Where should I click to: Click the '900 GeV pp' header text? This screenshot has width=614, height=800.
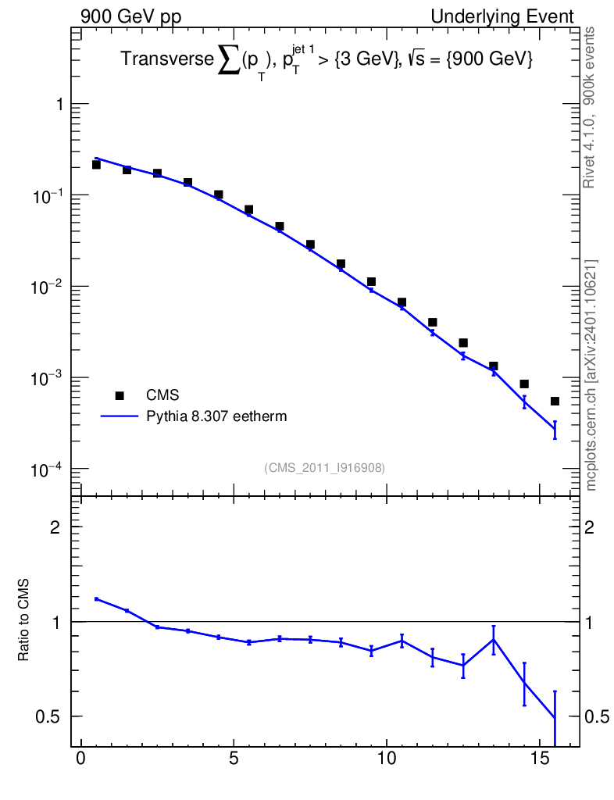pos(130,17)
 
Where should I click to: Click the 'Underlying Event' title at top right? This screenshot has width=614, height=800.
pos(502,16)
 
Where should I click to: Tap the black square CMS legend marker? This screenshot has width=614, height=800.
pos(120,395)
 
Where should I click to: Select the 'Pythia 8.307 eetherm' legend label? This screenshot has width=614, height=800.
pos(216,416)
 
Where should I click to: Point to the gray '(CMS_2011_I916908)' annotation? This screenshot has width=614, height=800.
pos(324,468)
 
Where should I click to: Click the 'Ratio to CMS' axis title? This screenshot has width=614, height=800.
pos(23,620)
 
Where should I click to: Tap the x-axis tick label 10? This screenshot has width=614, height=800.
pos(387,758)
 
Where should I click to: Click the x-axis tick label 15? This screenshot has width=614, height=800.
pos(540,758)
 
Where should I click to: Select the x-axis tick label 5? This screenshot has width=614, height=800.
pos(234,758)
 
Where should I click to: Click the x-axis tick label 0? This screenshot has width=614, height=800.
pos(81,758)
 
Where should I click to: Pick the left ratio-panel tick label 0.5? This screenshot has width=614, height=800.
pos(48,717)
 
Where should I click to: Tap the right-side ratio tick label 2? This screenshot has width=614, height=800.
pos(590,527)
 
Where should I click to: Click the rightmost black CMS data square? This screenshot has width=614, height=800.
pos(555,401)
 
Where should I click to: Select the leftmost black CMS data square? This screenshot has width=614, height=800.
pos(96,164)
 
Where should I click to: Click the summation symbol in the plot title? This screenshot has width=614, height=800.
pos(229,59)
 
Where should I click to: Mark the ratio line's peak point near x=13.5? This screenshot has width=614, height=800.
pos(494,639)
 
